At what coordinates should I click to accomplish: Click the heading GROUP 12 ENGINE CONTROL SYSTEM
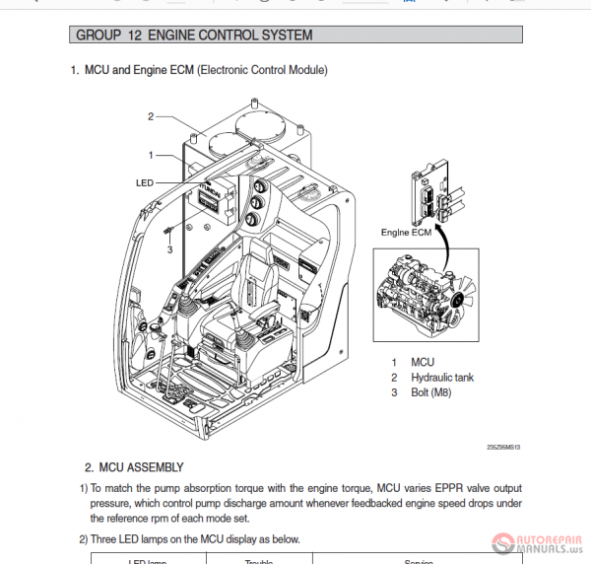pyautogui.click(x=194, y=35)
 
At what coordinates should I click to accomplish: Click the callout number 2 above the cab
pyautogui.click(x=152, y=116)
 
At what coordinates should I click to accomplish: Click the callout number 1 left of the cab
pyautogui.click(x=152, y=155)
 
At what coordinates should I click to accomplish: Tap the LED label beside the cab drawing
pyautogui.click(x=144, y=182)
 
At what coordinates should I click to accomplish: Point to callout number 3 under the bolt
pyautogui.click(x=169, y=249)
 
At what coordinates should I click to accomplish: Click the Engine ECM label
pyautogui.click(x=406, y=233)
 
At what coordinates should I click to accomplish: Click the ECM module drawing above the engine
pyautogui.click(x=431, y=198)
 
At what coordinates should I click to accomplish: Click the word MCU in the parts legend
pyautogui.click(x=423, y=363)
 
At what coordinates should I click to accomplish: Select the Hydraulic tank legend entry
pyautogui.click(x=443, y=378)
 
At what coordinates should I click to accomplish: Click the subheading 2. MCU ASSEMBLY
pyautogui.click(x=134, y=467)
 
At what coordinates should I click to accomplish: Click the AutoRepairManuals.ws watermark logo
pyautogui.click(x=538, y=540)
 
